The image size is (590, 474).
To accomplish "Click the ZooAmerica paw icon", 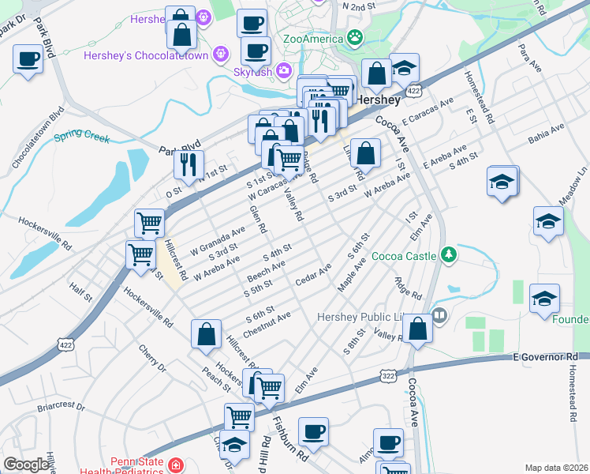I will click(x=357, y=37).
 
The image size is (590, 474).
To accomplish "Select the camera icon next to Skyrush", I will click(x=283, y=72).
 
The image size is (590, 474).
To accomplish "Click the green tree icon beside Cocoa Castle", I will click(x=449, y=254).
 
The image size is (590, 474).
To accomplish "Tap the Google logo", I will click(x=27, y=464).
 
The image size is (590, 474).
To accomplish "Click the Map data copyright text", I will click(x=556, y=468).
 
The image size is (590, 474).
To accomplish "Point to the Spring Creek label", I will click(x=81, y=137).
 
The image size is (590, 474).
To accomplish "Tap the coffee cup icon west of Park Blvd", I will click(x=28, y=59).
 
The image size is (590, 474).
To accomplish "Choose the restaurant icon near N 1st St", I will click(x=189, y=164).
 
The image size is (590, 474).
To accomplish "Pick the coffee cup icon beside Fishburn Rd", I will click(x=315, y=431).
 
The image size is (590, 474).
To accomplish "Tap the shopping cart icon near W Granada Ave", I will click(x=149, y=224).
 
